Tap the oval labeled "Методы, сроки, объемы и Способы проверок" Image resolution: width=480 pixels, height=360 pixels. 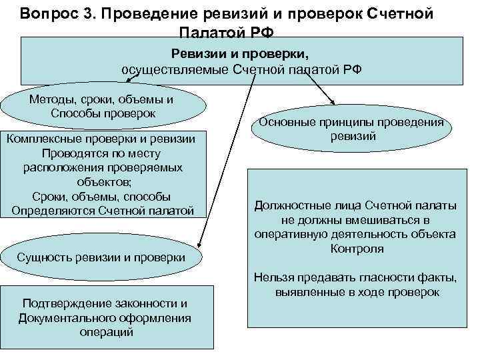[x=103, y=106]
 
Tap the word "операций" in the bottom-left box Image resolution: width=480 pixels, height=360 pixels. [x=106, y=332]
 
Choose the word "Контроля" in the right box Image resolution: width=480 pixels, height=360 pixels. [x=356, y=249]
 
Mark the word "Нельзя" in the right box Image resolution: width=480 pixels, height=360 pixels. [x=271, y=278]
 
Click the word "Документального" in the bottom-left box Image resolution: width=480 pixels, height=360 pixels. [x=68, y=318]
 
